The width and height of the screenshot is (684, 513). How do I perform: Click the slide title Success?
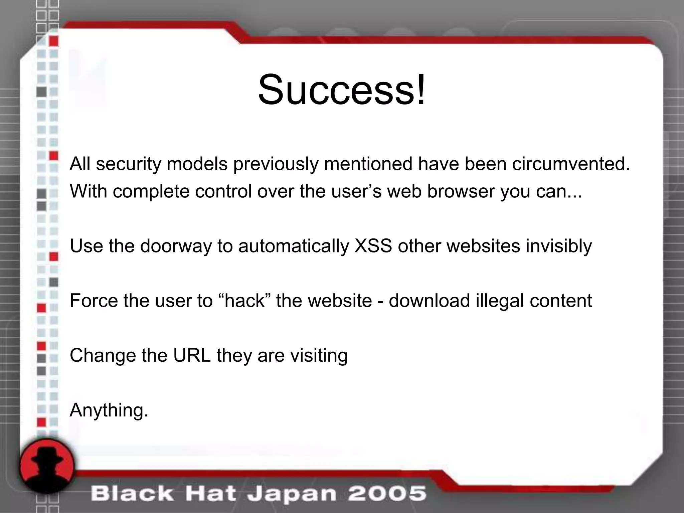coord(342,90)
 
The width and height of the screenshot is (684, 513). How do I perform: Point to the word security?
coord(129,164)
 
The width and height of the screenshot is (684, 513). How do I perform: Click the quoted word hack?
coord(244,300)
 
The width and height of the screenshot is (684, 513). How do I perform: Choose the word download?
coord(429,300)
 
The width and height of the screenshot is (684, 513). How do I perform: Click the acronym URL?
coord(192,355)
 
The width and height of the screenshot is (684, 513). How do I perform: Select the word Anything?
coord(109,410)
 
